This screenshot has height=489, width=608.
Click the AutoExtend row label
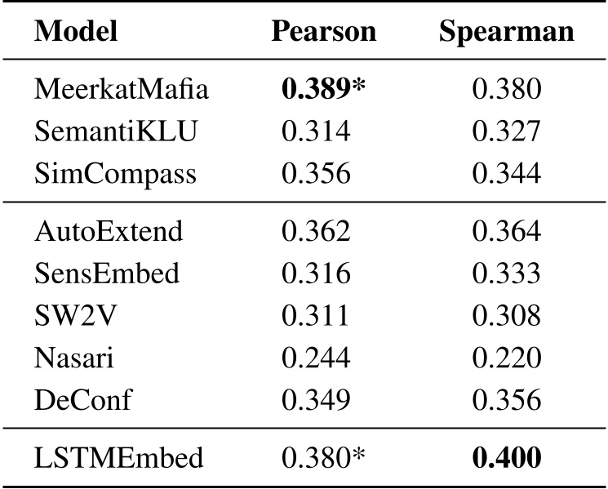click(109, 230)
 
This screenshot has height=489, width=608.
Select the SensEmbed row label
click(107, 273)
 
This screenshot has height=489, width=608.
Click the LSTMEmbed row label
click(118, 457)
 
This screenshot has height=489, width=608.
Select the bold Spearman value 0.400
click(507, 457)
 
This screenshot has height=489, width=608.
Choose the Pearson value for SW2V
click(316, 314)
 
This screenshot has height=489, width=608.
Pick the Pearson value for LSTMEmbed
click(322, 457)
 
